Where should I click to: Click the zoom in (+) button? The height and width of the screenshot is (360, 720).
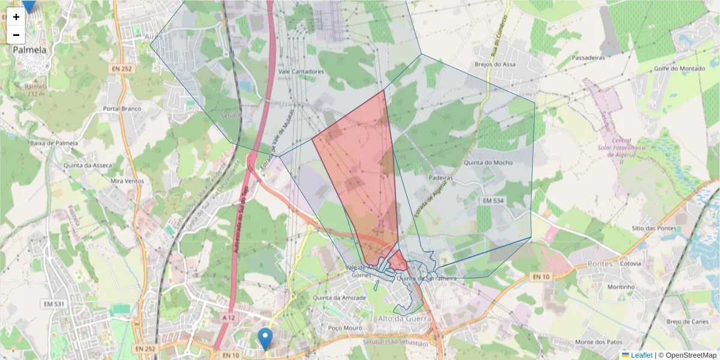point(16,17)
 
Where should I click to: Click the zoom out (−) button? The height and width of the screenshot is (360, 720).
point(16,35)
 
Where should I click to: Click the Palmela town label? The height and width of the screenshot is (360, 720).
point(29,50)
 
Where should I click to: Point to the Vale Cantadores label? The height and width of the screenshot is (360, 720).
point(302,71)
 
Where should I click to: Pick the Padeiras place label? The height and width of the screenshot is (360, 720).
point(440,178)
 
